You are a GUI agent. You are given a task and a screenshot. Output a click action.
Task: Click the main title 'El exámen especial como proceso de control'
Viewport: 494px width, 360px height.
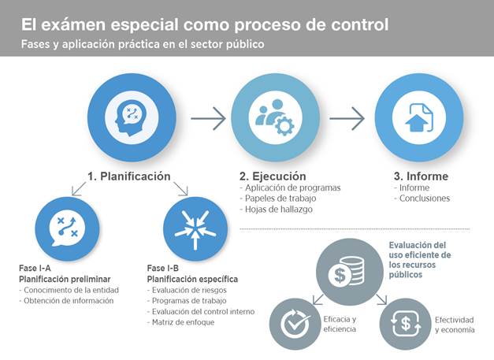[205, 24]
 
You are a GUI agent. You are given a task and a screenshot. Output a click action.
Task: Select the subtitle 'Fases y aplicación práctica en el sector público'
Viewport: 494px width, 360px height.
[143, 44]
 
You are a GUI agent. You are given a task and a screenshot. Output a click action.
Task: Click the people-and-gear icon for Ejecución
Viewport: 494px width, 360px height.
[274, 117]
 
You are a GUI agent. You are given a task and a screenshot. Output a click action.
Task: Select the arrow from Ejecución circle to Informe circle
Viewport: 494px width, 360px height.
[346, 119]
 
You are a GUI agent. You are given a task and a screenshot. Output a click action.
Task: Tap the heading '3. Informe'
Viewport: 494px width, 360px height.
[422, 176]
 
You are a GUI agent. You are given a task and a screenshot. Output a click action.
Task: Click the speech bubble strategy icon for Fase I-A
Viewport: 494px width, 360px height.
[63, 228]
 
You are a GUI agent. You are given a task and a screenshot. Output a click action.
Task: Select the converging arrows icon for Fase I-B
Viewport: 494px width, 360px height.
[195, 228]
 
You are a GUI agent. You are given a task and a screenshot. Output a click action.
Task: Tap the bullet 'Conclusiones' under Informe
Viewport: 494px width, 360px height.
[424, 199]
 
